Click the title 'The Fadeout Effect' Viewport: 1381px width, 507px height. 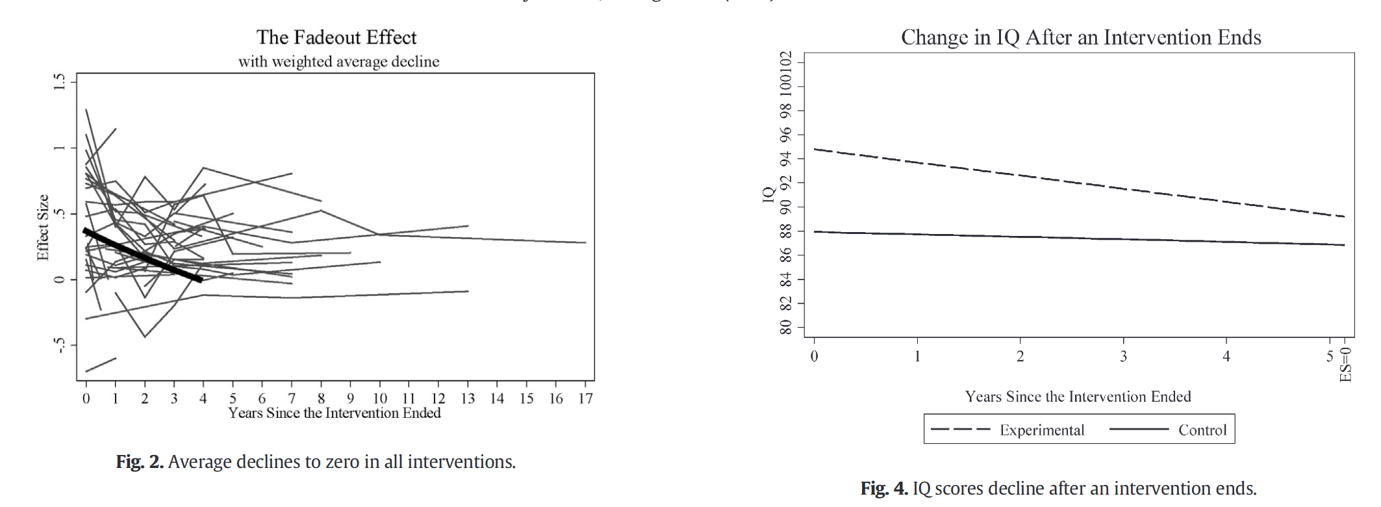point(336,37)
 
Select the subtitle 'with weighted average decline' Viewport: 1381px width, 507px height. point(338,62)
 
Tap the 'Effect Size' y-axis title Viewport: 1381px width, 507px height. point(43,227)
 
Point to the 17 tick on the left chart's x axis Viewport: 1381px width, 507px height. point(585,398)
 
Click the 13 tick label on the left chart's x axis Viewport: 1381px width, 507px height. point(468,398)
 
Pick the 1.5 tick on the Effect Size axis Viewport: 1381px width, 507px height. point(60,81)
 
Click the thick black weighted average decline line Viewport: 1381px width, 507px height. point(143,255)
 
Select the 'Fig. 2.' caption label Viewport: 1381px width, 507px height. point(139,461)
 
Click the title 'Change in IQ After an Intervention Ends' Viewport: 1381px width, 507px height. point(1080,37)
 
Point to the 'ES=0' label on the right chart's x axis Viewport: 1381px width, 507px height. point(1345,365)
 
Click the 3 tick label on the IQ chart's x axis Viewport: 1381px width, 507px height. point(1123,356)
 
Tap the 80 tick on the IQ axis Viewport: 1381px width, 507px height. point(786,327)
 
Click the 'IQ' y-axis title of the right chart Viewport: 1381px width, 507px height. point(769,194)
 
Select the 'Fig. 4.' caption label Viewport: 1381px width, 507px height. point(883,488)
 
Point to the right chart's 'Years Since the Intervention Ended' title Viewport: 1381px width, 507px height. point(1078,396)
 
